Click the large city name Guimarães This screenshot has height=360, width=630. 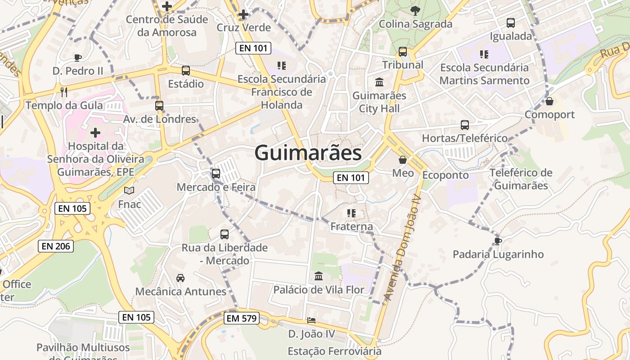click(x=308, y=153)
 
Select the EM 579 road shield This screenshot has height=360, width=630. click(x=242, y=319)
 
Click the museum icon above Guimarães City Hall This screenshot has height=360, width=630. click(x=379, y=82)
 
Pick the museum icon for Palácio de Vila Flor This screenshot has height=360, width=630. click(x=319, y=276)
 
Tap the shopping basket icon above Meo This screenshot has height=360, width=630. click(x=402, y=160)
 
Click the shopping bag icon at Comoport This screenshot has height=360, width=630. click(x=549, y=101)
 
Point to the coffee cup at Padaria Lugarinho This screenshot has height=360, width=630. click(x=498, y=241)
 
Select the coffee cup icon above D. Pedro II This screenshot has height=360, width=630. click(x=77, y=58)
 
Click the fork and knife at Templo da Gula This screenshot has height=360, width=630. click(x=64, y=92)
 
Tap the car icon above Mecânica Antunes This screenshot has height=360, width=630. click(x=180, y=278)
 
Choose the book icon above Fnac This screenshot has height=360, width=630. click(x=129, y=191)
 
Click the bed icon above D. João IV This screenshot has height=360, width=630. click(x=311, y=320)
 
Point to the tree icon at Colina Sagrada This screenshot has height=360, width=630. click(x=415, y=10)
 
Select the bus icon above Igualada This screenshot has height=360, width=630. click(x=511, y=23)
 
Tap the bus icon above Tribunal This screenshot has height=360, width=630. click(x=403, y=52)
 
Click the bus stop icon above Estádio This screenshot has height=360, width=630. click(x=185, y=71)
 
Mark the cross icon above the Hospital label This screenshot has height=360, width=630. click(x=95, y=133)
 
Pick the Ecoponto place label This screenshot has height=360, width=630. click(x=445, y=175)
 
